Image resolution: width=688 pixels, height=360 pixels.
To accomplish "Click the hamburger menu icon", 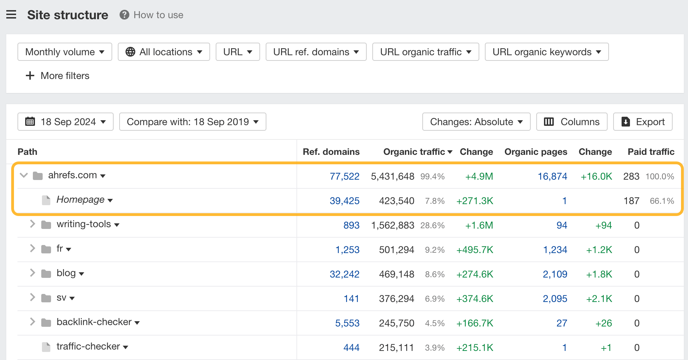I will (x=11, y=15).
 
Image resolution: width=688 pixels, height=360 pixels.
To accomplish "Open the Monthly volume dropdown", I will (x=65, y=52).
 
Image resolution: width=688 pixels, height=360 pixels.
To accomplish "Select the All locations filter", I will (x=164, y=52).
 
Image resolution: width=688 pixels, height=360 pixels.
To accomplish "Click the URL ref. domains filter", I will (x=316, y=52).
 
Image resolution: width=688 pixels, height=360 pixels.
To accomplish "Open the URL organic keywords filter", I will (x=546, y=52).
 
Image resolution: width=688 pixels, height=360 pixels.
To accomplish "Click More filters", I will (x=58, y=76).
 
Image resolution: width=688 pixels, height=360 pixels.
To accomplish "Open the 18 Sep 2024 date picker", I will (x=65, y=122).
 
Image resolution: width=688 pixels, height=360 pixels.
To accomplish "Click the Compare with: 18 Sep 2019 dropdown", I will (x=192, y=122).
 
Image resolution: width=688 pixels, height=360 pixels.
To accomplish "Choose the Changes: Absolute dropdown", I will (x=476, y=122).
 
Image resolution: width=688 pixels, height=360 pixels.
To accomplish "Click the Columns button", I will (x=572, y=122).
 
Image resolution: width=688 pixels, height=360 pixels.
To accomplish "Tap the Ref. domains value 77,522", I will (x=344, y=177).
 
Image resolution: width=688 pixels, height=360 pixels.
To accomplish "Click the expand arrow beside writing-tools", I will (x=33, y=224).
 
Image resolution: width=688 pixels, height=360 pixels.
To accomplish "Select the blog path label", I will (x=66, y=273).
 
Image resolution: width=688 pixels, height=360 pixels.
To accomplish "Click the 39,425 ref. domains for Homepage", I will (x=344, y=201).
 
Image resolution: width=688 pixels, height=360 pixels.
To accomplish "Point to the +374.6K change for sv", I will (x=474, y=299).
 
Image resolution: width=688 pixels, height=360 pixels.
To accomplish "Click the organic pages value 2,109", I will (x=555, y=274).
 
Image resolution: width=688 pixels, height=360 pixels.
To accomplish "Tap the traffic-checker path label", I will (x=88, y=346).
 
